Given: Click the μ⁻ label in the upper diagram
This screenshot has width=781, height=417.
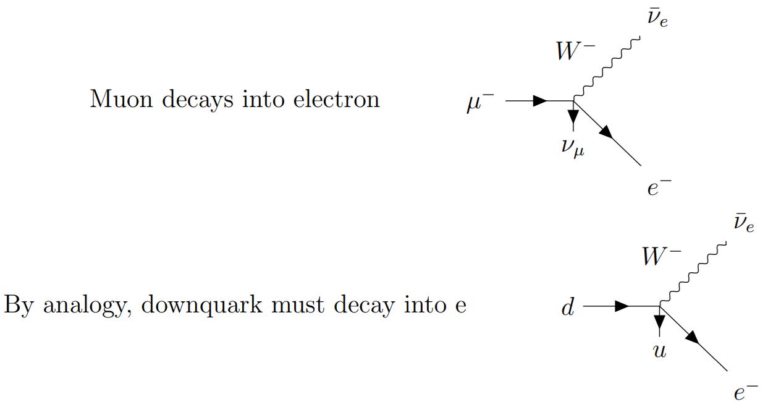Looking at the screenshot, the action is (x=480, y=103).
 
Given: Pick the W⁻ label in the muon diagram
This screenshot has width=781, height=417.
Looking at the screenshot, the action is (x=575, y=51).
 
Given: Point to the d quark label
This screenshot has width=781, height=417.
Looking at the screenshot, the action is (x=567, y=307).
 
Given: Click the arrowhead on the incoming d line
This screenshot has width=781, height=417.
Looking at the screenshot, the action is (x=622, y=306).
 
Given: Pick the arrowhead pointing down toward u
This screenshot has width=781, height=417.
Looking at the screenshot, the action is (x=660, y=322).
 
